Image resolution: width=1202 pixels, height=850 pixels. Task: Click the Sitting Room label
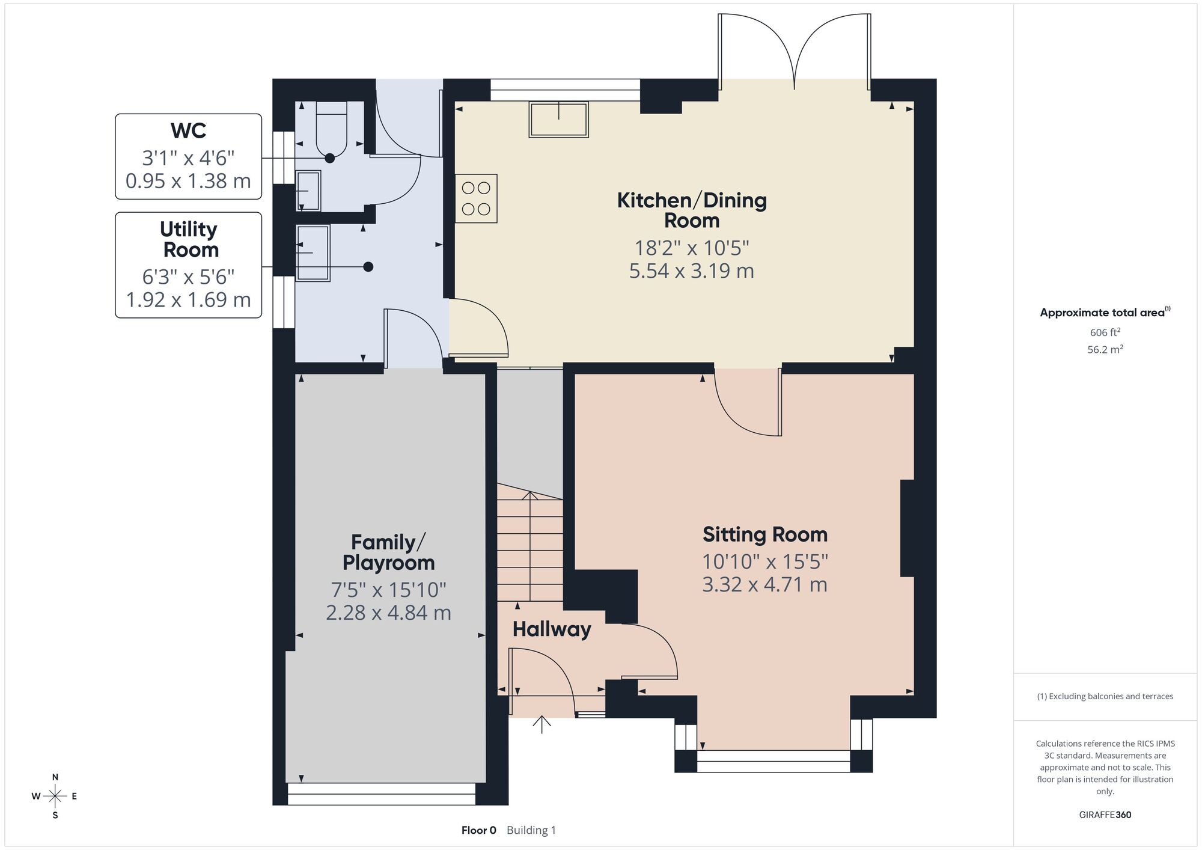tap(765, 534)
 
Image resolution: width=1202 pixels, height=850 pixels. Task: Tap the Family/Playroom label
tap(388, 552)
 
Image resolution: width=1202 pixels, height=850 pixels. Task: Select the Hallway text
tap(552, 629)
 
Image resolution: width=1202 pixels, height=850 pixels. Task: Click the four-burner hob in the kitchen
tap(476, 198)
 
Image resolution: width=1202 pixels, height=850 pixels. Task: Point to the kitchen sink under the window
tap(558, 120)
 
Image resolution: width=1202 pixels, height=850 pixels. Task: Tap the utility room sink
tap(313, 253)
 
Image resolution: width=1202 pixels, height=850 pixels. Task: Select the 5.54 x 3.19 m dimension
tap(692, 271)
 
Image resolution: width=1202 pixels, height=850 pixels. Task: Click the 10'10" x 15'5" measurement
tap(765, 561)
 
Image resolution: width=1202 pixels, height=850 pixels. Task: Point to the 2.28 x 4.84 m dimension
tap(388, 613)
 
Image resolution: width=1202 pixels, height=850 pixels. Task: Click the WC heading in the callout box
tap(188, 130)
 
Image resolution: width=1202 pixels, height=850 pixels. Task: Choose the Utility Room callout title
tap(189, 239)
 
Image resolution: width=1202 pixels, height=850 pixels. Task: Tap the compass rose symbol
tap(55, 796)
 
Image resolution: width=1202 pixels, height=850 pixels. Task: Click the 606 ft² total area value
tap(1105, 332)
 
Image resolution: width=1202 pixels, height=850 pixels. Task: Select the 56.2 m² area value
tap(1105, 349)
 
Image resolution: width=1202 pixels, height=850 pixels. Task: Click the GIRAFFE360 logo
tap(1105, 815)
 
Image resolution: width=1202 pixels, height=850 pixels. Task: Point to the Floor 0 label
tap(479, 830)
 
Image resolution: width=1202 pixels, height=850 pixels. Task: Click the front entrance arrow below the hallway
tap(542, 724)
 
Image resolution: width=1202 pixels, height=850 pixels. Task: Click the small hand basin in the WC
tap(308, 191)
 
